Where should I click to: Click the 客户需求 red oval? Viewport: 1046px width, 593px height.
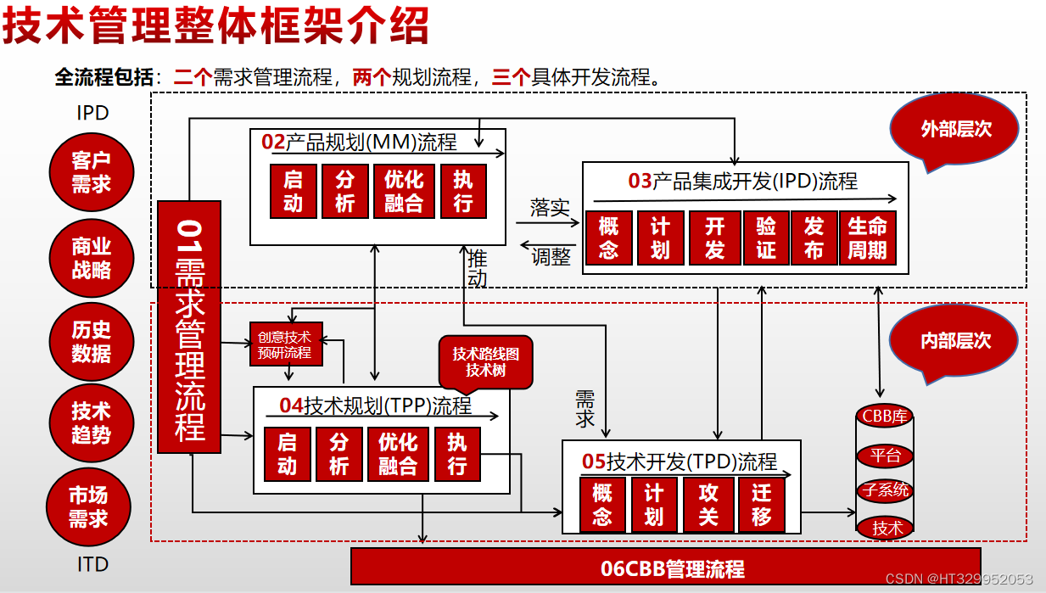pos(91,172)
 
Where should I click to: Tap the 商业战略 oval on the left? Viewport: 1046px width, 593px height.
pos(91,258)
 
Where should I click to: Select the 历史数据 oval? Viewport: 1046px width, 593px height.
pos(91,342)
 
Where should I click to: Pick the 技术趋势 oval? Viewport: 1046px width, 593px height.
pos(91,422)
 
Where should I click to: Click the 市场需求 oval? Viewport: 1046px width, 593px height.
pos(88,506)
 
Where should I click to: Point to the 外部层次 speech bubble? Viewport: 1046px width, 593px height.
pos(955,129)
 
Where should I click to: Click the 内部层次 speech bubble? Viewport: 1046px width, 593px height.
pos(955,341)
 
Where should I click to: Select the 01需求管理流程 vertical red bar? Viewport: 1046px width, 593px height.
pos(189,327)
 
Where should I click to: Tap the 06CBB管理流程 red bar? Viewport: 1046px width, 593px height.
pos(666,568)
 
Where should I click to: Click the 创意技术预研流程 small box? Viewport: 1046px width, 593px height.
pos(286,344)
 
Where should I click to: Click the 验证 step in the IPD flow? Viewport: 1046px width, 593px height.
pos(765,238)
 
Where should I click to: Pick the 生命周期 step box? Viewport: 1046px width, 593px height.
pos(867,238)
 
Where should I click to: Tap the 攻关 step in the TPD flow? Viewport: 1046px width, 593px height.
pos(708,505)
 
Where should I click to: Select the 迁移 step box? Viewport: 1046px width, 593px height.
pos(761,505)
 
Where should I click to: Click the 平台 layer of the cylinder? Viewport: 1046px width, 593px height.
pos(885,456)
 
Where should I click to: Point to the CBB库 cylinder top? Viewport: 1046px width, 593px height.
pos(885,416)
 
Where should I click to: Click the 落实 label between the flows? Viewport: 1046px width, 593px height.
pos(550,207)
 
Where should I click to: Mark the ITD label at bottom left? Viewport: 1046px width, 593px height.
pos(92,563)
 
